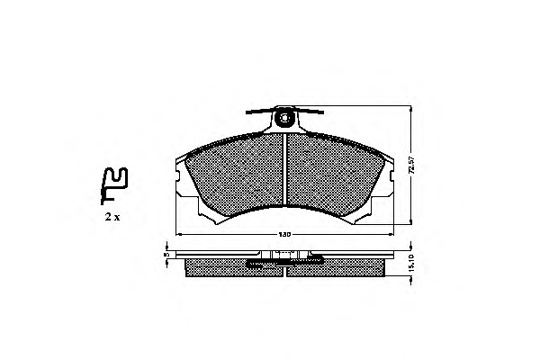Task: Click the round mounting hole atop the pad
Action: click(285, 117)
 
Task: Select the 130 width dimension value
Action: click(285, 236)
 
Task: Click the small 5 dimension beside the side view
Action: click(166, 256)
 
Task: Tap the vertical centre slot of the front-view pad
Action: click(285, 166)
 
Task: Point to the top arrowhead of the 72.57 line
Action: click(410, 108)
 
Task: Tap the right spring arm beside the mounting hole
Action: click(310, 112)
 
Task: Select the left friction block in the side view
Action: click(220, 267)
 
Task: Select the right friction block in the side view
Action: click(346, 267)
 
